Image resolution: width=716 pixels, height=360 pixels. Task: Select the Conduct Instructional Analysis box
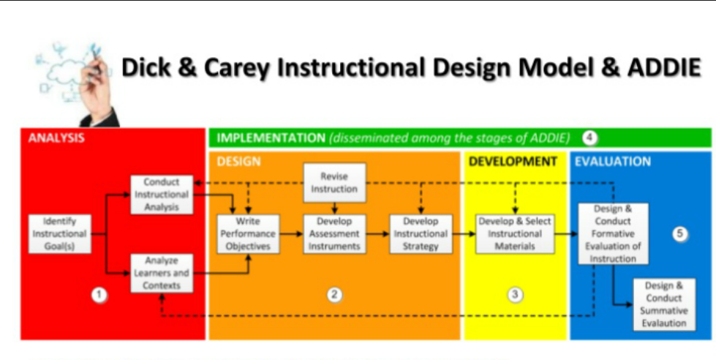click(162, 194)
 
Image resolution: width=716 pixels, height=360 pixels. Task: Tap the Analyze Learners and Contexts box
click(162, 273)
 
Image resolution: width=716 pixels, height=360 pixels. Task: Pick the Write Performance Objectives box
click(248, 233)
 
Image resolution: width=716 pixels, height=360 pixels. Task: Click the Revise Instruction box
click(334, 182)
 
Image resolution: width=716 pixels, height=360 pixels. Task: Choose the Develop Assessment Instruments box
click(334, 233)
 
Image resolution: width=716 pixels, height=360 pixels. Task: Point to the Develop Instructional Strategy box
click(421, 233)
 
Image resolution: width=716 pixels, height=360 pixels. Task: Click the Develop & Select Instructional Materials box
click(514, 233)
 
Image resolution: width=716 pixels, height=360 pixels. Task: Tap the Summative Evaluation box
click(664, 304)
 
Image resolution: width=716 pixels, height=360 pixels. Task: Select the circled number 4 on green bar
click(589, 138)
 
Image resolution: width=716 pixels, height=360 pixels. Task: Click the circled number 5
click(680, 234)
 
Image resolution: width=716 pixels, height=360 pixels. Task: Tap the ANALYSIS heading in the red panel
click(56, 138)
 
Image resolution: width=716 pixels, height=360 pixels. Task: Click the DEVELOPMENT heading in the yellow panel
click(513, 161)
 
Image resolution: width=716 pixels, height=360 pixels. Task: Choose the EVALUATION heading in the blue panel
click(612, 161)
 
